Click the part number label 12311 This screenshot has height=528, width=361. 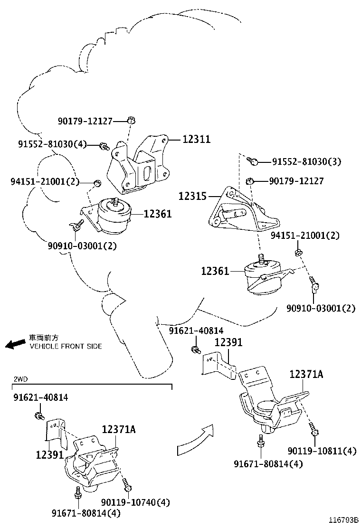(x=196, y=139)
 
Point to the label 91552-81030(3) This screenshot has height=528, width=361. (x=306, y=162)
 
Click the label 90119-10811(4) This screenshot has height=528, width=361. (x=322, y=451)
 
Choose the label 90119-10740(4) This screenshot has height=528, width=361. (x=135, y=502)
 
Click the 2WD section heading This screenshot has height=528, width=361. (x=20, y=379)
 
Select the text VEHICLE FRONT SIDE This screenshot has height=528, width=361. (x=66, y=347)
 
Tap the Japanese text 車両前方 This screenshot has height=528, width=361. (x=44, y=338)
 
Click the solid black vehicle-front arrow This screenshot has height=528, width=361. (x=15, y=343)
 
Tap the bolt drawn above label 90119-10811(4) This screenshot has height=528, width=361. (x=314, y=429)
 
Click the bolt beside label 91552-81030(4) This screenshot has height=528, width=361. (x=104, y=146)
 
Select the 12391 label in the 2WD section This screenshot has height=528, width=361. (x=49, y=454)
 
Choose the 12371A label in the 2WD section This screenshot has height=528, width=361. (x=119, y=429)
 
